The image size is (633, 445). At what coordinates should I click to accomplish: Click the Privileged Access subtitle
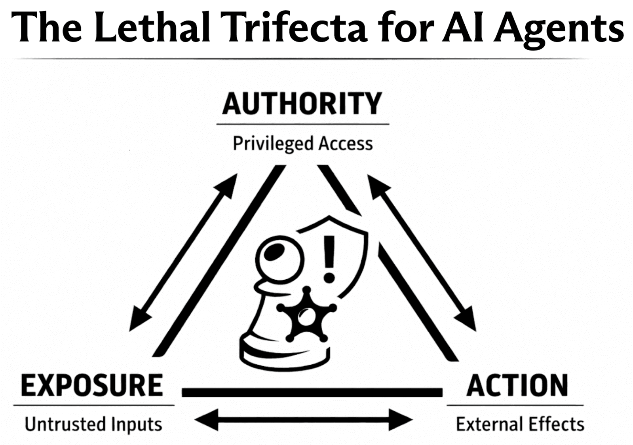click(302, 144)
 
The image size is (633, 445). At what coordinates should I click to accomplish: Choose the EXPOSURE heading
click(92, 386)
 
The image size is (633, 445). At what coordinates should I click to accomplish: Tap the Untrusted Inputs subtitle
click(93, 424)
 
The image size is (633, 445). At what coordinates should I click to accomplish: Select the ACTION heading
click(517, 386)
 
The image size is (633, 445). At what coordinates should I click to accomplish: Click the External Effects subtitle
click(520, 424)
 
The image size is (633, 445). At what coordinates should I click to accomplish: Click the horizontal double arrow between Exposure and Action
click(303, 420)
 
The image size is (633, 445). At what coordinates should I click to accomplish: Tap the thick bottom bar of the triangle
click(312, 392)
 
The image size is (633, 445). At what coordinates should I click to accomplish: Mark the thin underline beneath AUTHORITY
click(302, 124)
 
